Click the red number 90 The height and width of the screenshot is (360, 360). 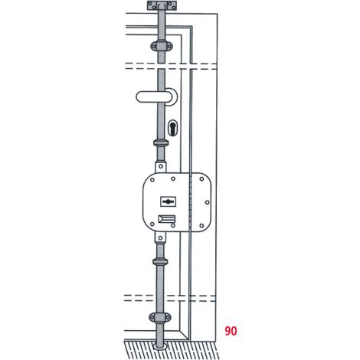point(231,331)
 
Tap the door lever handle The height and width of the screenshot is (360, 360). point(153,97)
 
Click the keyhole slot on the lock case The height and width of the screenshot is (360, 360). point(168,201)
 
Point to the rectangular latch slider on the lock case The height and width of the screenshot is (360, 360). point(167,219)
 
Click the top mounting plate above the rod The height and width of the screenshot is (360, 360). point(162,5)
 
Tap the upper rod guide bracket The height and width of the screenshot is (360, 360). point(161,46)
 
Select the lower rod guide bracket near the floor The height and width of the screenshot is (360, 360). point(160,318)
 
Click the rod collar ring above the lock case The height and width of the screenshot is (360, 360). point(161,142)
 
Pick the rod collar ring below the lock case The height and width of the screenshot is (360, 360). point(160,261)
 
